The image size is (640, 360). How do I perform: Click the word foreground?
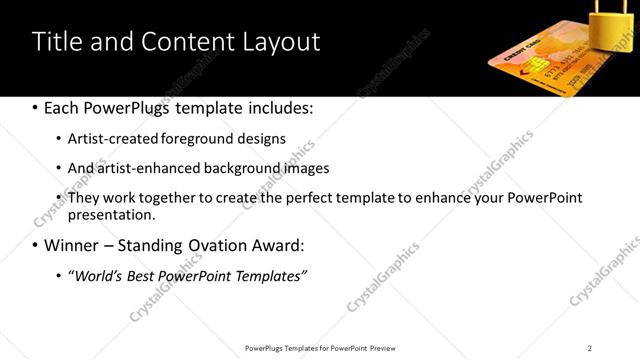pyautogui.click(x=213, y=139)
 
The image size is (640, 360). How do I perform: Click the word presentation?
pyautogui.click(x=112, y=215)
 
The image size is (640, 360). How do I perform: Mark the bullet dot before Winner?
pyautogui.click(x=36, y=245)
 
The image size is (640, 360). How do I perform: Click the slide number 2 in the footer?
pyautogui.click(x=590, y=348)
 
